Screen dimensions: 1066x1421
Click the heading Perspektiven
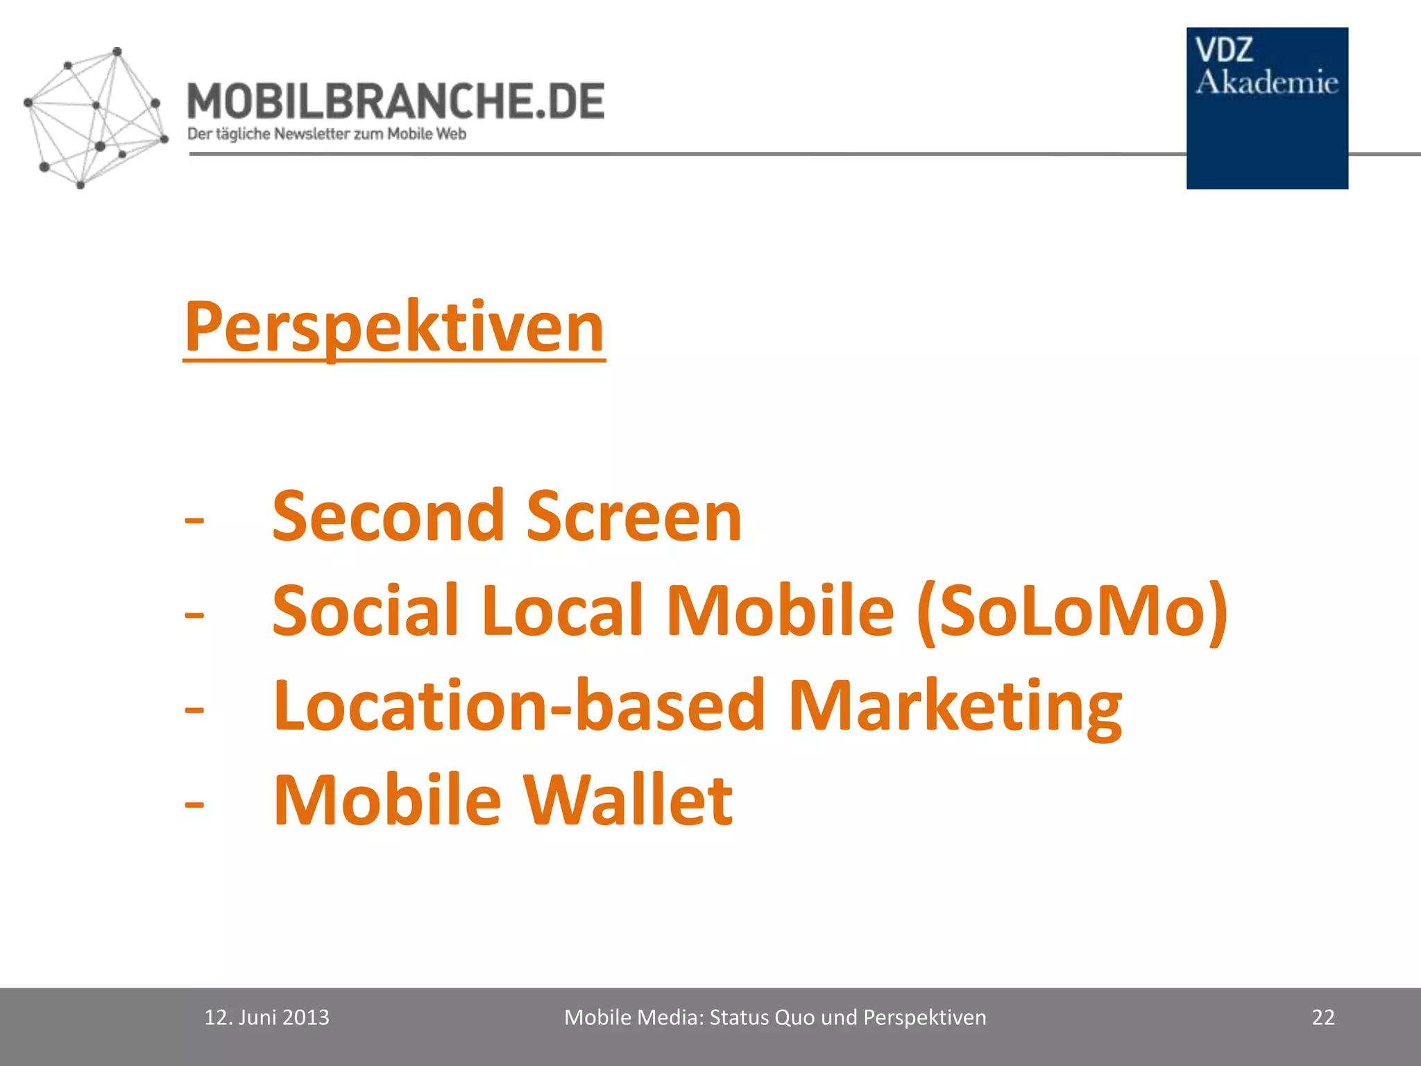394,328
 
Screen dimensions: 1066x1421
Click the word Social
365,610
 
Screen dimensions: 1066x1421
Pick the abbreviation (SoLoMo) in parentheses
1072,611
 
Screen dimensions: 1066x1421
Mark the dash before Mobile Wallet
195,804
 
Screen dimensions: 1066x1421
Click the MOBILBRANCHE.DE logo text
395,101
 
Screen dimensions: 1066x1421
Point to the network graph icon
94,118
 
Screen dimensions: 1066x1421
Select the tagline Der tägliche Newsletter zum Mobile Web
326,134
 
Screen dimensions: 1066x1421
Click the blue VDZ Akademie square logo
1267,108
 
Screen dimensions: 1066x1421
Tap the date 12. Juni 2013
266,1017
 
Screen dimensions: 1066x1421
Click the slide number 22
1323,1017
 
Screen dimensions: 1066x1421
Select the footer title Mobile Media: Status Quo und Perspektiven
775,1017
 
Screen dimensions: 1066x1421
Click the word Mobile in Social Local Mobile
780,610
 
